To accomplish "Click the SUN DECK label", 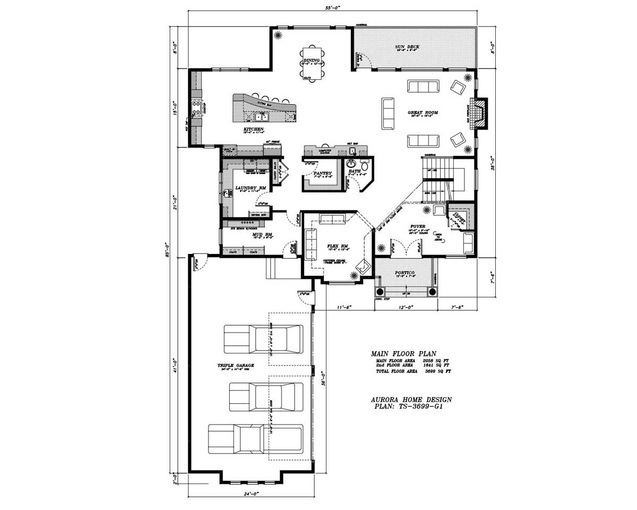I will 407,47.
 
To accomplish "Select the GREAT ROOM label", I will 423,113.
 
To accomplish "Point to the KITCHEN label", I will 253,130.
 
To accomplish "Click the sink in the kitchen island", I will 261,117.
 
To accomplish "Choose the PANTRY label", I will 322,173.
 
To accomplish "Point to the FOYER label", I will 418,226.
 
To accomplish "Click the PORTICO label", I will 405,273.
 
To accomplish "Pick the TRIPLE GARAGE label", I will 236,365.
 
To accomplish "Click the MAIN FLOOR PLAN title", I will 403,353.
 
